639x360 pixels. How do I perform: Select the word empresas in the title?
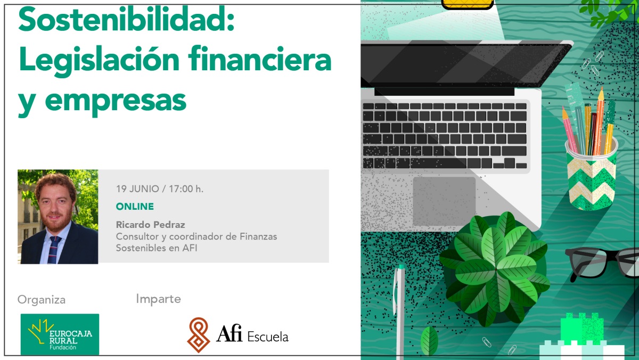[x=116, y=101]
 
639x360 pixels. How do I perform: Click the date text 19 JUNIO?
[x=137, y=189]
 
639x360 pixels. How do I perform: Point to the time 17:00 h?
[x=186, y=189]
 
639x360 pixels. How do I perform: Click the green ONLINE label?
[x=135, y=207]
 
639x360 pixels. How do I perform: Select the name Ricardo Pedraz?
[x=150, y=225]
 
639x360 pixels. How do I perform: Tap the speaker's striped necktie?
[x=54, y=250]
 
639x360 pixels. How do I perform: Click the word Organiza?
[x=42, y=300]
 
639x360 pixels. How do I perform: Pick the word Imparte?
[x=158, y=299]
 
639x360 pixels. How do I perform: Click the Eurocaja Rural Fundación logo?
[x=60, y=334]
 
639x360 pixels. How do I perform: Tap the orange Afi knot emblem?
[x=199, y=335]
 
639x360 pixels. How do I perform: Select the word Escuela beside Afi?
[x=268, y=337]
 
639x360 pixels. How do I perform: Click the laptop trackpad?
[x=444, y=201]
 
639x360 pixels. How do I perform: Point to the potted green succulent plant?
[x=494, y=269]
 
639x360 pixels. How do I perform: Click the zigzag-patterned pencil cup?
[x=592, y=177]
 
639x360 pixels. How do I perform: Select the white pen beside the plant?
[x=399, y=311]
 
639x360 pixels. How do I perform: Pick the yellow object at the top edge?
[x=468, y=4]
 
